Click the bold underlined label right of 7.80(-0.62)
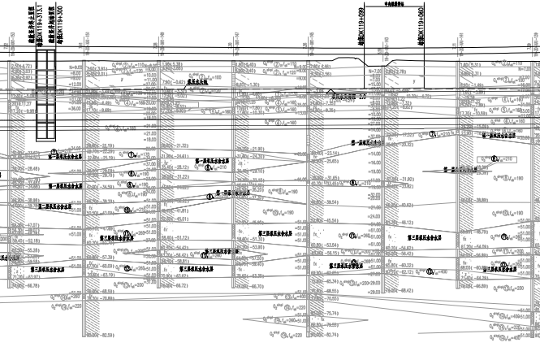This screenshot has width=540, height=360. click(198, 81)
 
